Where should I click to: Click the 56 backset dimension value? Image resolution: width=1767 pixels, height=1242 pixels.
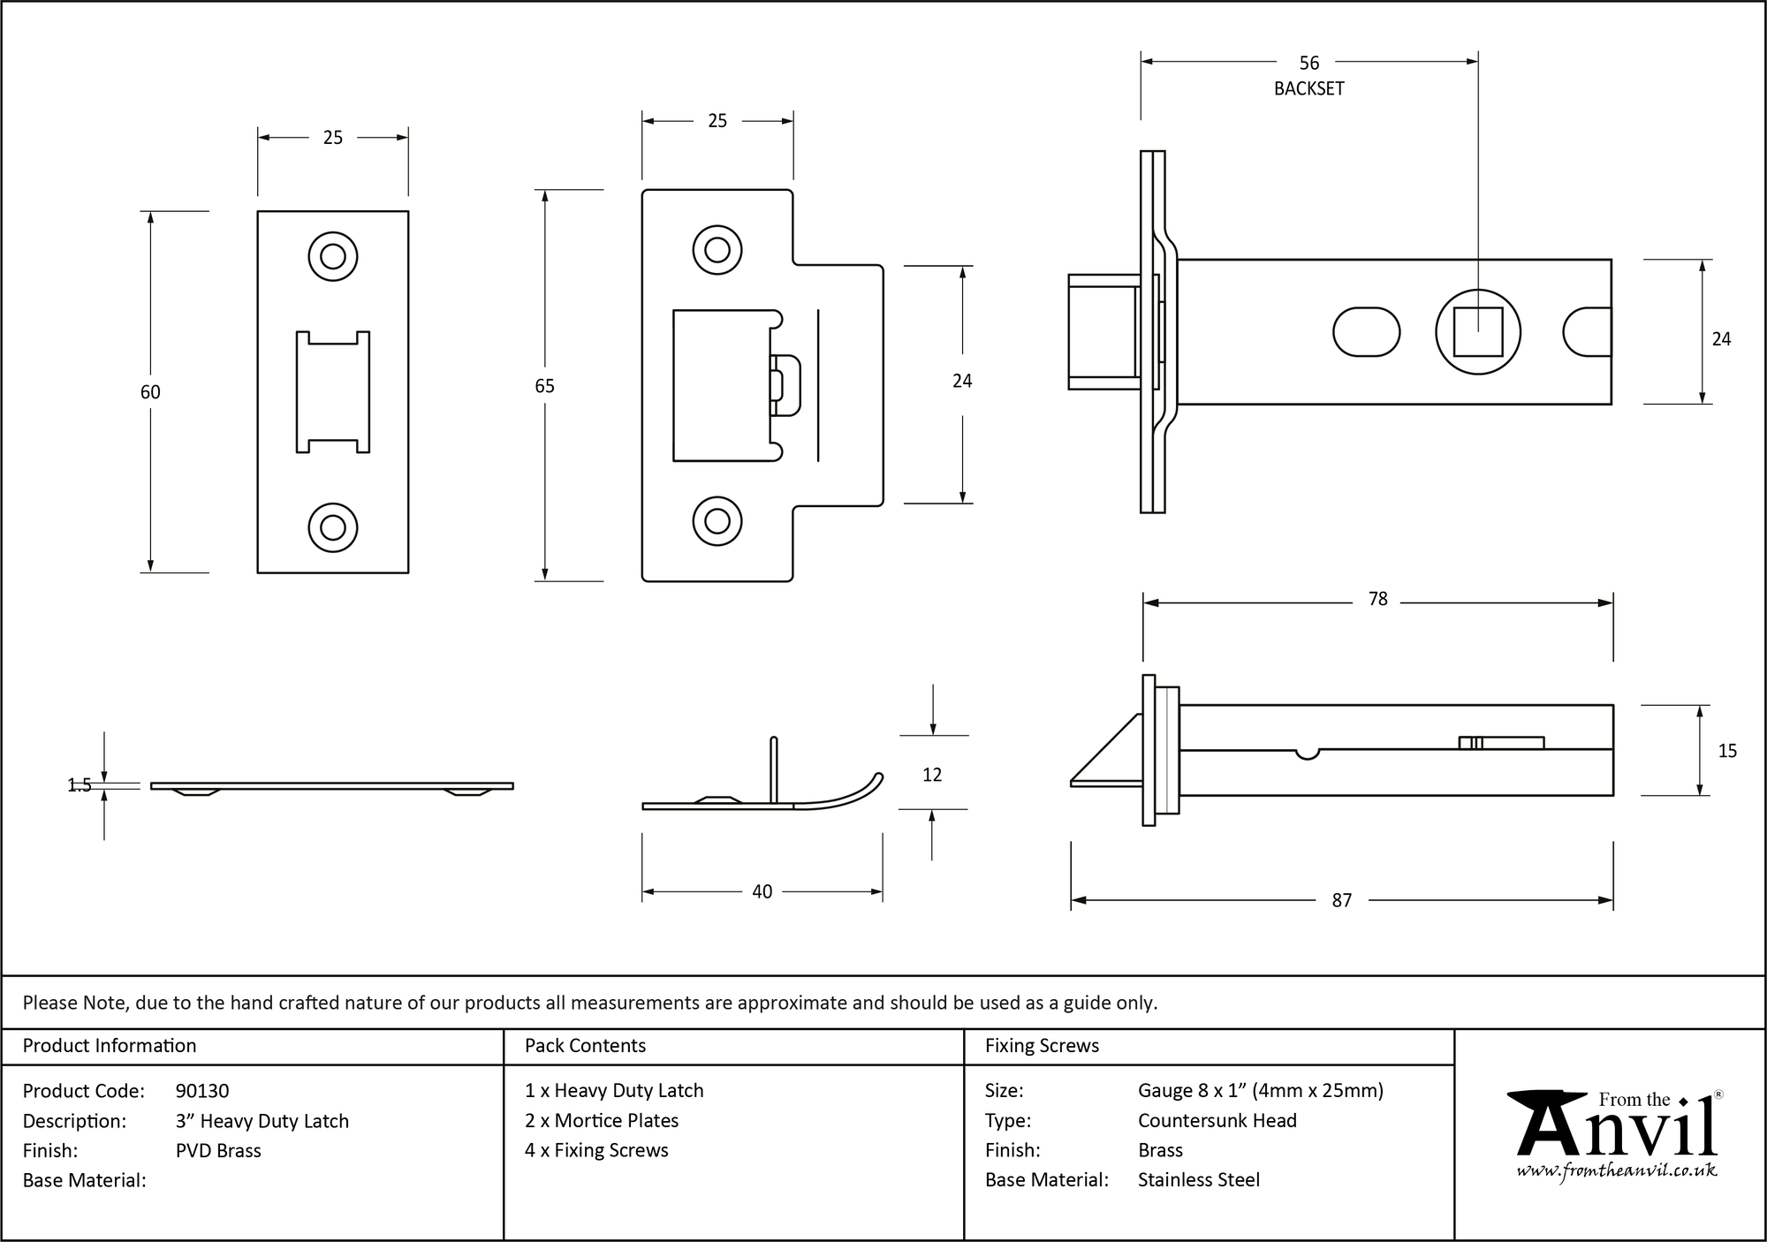1308,63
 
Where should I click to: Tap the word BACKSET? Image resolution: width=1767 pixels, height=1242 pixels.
1308,88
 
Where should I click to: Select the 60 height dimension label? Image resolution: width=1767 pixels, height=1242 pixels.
150,392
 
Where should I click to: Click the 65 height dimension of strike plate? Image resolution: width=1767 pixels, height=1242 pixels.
544,386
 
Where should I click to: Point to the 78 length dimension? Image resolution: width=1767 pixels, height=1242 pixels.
1377,599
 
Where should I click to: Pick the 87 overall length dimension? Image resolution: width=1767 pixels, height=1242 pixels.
1341,900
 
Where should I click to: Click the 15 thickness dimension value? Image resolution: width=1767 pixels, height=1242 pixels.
1726,751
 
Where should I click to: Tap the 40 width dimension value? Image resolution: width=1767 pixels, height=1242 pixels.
762,892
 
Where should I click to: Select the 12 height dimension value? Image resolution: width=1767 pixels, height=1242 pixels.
931,775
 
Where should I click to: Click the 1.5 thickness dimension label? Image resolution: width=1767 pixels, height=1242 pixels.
80,785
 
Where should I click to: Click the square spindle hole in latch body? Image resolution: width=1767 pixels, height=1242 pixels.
1477,331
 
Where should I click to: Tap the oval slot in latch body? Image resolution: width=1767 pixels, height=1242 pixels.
1366,331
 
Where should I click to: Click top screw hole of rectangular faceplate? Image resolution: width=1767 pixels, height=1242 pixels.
333,257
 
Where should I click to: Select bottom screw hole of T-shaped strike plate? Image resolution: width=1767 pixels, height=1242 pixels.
717,521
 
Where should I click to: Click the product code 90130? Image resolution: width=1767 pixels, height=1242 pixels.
202,1091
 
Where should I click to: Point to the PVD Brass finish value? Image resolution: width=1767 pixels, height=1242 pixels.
218,1150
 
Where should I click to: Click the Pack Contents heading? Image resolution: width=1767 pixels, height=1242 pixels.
585,1046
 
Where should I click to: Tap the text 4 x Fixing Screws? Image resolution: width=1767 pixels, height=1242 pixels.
596,1150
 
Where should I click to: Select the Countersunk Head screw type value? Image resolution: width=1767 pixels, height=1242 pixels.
1217,1120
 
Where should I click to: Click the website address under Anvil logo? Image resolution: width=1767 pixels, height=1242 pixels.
1616,1170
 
